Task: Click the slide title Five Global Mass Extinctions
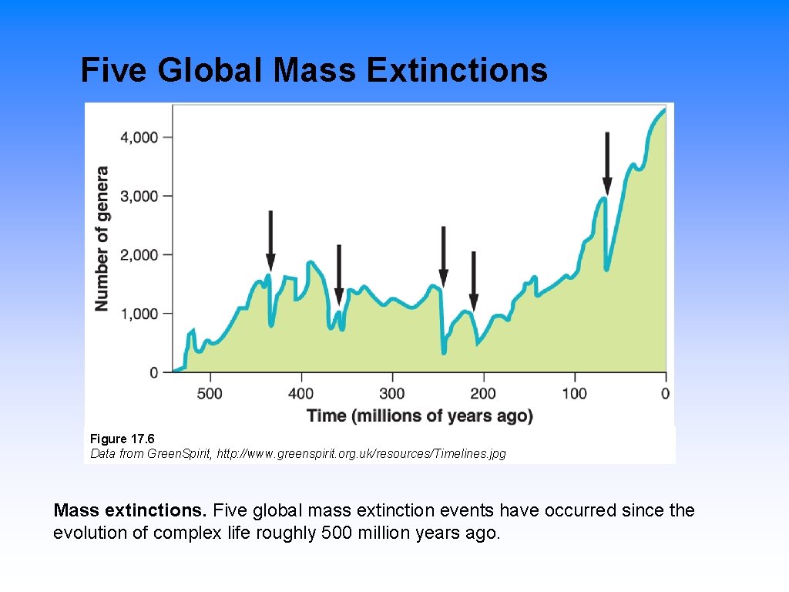point(314,71)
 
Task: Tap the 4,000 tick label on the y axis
point(139,137)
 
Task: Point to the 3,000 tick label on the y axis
point(139,196)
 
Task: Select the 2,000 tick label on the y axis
point(139,255)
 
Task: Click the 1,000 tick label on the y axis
point(139,314)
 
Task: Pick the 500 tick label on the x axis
point(210,394)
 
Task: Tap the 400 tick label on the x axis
point(301,394)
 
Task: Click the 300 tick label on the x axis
point(392,394)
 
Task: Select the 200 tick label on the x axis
point(483,394)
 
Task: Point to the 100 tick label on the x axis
point(574,394)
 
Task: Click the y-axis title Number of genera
point(102,239)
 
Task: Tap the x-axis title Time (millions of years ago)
point(420,416)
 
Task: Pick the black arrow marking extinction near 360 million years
point(338,274)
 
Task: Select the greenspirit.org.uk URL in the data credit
point(361,453)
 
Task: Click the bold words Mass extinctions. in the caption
point(130,510)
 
